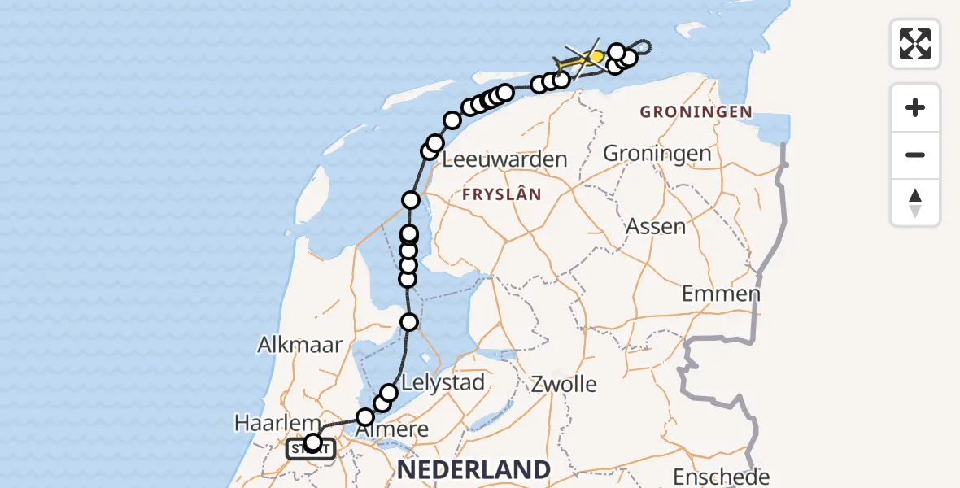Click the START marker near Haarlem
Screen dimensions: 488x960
coord(310,448)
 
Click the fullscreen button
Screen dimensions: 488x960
coord(915,44)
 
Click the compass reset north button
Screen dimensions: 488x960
coord(915,203)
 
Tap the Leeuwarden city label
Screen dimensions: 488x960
coord(504,159)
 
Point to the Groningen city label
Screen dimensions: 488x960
coord(657,154)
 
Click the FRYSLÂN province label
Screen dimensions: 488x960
coord(501,194)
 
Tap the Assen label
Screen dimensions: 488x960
coord(656,226)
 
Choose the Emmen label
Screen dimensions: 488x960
coord(721,294)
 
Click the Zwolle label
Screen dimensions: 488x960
coord(565,384)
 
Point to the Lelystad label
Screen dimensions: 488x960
coord(444,381)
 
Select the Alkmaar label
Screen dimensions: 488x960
coord(300,344)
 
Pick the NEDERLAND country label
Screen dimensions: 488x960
coord(473,469)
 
